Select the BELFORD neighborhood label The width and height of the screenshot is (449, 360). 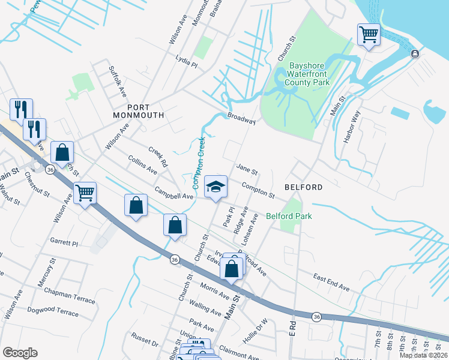[x=303, y=187]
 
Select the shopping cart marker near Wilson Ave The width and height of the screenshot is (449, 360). [x=85, y=193]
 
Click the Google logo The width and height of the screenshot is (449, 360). [x=20, y=352]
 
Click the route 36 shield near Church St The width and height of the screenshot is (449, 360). [x=174, y=260]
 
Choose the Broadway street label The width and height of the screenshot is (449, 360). [x=242, y=119]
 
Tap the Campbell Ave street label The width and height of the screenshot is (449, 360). [x=174, y=195]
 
